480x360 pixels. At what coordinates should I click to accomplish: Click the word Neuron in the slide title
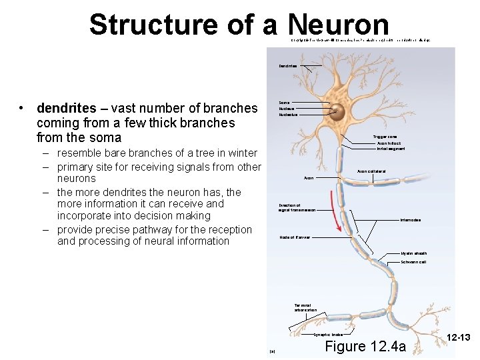coord(339,25)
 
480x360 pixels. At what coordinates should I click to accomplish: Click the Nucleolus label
coord(288,115)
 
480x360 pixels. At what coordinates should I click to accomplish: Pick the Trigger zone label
coord(385,137)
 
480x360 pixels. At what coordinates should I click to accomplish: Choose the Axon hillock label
coord(389,143)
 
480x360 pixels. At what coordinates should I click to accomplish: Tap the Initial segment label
coord(391,149)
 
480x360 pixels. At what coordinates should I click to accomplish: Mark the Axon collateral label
coord(371,171)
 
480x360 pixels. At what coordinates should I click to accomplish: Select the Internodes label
coord(410,220)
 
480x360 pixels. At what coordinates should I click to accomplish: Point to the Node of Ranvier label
coord(294,237)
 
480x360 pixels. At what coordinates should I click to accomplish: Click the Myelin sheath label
coord(414,253)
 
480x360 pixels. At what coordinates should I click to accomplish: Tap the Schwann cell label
coord(413,262)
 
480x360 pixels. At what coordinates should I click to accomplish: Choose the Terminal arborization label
coord(305,307)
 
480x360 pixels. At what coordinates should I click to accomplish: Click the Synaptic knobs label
coord(329,335)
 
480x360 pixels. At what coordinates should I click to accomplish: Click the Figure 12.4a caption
coord(364,346)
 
